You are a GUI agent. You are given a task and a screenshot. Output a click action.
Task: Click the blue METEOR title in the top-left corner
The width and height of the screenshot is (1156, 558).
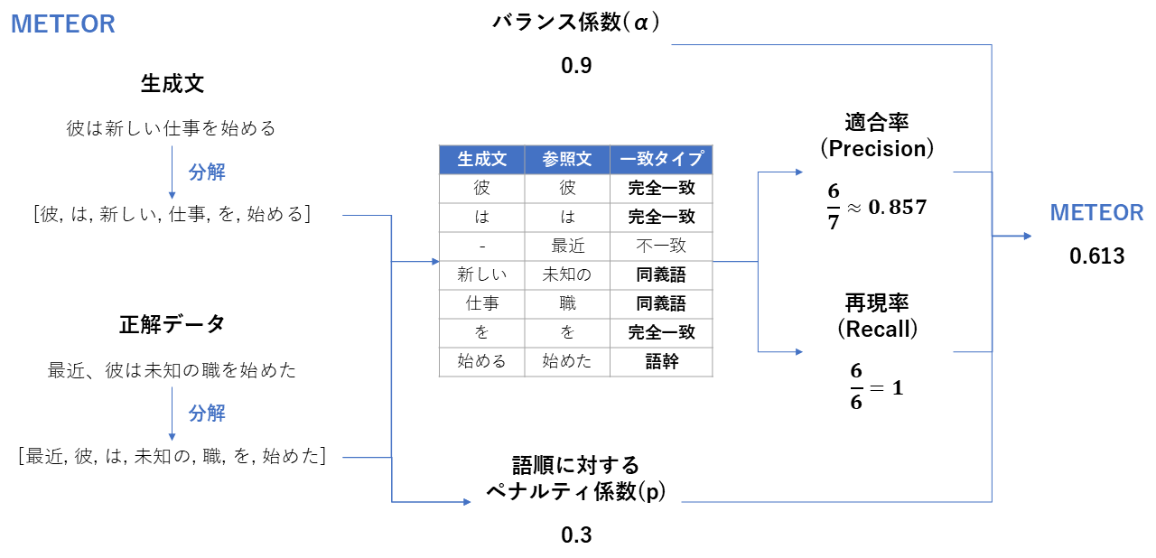point(62,24)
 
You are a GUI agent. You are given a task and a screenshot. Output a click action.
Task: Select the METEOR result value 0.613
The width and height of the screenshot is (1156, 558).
point(1096,256)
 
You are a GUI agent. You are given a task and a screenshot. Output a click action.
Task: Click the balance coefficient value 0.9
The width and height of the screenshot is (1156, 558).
point(575,65)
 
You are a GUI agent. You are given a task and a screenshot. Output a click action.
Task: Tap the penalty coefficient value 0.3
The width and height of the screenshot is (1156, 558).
point(575,535)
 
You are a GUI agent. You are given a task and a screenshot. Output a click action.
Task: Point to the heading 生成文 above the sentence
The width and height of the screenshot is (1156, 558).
point(172,84)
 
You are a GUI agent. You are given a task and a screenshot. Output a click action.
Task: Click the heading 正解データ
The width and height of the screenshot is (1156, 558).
point(172,324)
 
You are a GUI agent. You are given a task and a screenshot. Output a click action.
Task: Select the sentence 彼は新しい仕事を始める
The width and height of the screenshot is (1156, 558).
point(171,128)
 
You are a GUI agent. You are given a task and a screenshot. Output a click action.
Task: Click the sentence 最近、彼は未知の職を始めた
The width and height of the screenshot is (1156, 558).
point(172,370)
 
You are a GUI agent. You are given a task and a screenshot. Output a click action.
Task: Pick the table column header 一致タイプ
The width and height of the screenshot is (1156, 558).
point(661,160)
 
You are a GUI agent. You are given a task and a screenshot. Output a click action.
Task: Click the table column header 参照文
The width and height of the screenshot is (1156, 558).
point(566,160)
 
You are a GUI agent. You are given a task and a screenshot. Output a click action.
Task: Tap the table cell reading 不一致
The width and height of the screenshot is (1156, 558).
point(661,246)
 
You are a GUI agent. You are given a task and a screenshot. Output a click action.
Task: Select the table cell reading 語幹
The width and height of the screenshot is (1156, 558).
point(661,361)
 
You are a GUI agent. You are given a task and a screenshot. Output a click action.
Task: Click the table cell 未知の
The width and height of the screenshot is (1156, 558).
point(566,274)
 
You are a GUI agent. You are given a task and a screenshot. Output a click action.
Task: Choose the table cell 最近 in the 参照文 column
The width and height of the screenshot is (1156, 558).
point(566,246)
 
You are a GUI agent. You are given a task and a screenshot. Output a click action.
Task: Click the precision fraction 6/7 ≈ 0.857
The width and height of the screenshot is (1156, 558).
point(876,207)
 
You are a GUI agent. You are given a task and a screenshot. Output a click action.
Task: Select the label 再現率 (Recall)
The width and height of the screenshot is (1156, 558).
point(876,316)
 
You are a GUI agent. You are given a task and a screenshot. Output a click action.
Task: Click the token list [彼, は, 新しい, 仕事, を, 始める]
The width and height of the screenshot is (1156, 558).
point(172,215)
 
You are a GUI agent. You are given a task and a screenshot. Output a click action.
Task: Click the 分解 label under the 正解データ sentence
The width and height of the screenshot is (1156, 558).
point(207,414)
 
